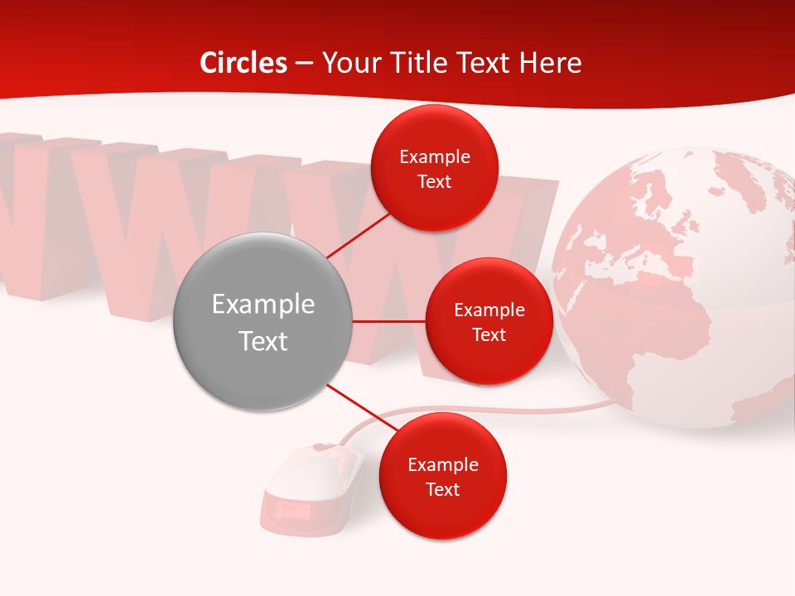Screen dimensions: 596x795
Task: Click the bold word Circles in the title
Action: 243,63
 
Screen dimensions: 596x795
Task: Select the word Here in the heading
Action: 550,63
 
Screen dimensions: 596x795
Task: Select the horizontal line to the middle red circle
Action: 388,321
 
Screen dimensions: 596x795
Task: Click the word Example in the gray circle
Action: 263,305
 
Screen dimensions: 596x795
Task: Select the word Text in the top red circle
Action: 435,182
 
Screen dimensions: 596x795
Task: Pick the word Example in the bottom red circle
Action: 443,464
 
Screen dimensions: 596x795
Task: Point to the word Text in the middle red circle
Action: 489,335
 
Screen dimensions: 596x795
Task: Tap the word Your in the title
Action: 347,63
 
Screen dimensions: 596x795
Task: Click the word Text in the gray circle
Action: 263,341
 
